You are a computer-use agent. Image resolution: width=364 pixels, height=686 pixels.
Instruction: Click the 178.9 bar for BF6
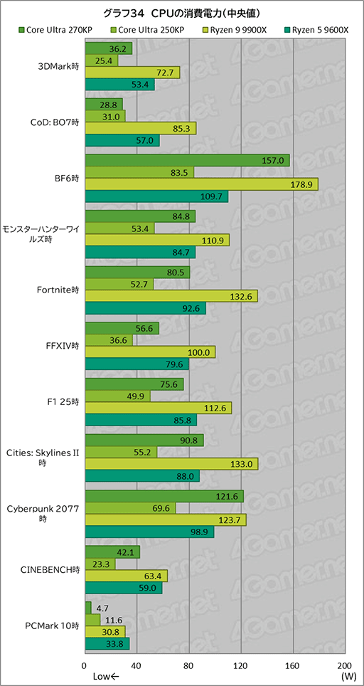[x=201, y=184]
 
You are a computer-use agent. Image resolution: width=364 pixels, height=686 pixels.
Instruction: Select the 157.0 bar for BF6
[x=187, y=160]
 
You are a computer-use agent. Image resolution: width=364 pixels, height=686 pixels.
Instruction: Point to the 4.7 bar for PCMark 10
[x=87, y=608]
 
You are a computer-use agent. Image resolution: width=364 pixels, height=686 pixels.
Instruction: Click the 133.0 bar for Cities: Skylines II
[x=171, y=464]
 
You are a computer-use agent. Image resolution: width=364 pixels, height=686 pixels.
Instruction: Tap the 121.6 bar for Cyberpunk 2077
[x=164, y=496]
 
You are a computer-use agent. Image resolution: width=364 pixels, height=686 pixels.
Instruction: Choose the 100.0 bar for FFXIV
[x=150, y=352]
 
